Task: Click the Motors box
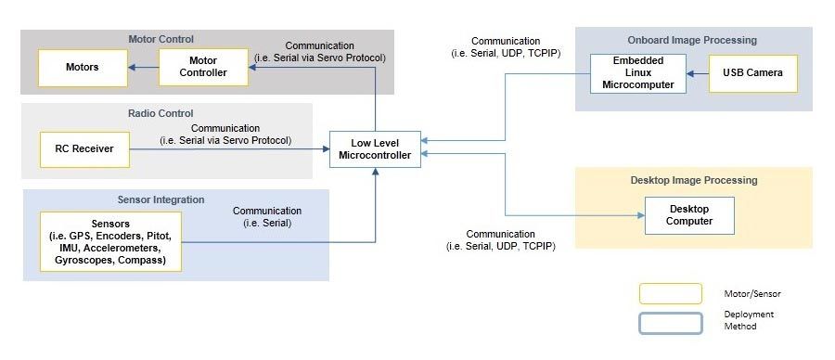(x=83, y=68)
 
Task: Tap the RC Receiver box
(x=83, y=149)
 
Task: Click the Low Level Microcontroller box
(x=375, y=149)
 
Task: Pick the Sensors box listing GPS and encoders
(x=110, y=242)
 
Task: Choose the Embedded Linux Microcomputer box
(x=638, y=73)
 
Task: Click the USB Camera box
(x=752, y=73)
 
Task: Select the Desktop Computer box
(x=689, y=215)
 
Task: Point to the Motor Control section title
(x=161, y=39)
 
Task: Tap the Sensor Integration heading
(x=161, y=199)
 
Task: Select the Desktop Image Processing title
(x=694, y=180)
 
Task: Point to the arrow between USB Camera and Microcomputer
(x=698, y=73)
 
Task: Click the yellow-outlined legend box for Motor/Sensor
(x=670, y=293)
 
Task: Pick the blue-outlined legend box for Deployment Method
(x=670, y=323)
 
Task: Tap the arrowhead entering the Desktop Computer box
(x=640, y=215)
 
